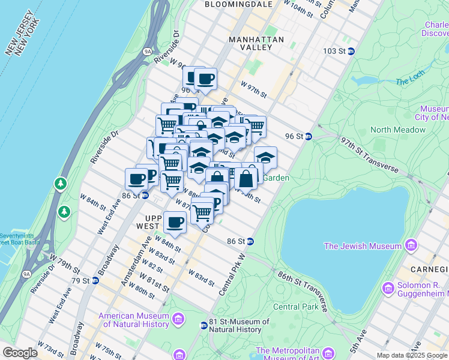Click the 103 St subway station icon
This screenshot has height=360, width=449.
pyautogui.click(x=351, y=51)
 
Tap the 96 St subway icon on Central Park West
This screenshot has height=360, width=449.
pyautogui.click(x=308, y=136)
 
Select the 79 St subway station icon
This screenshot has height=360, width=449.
pyautogui.click(x=95, y=280)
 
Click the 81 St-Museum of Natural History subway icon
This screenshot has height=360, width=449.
pyautogui.click(x=203, y=325)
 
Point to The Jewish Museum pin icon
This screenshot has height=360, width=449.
pyautogui.click(x=411, y=245)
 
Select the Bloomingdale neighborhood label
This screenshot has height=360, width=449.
pyautogui.click(x=238, y=4)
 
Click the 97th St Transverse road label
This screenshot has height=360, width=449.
pyautogui.click(x=369, y=155)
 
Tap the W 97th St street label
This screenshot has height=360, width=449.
pyautogui.click(x=253, y=89)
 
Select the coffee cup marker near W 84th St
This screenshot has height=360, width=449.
pyautogui.click(x=175, y=223)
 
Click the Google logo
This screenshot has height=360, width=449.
pyautogui.click(x=20, y=353)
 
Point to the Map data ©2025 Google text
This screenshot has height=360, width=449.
pyautogui.click(x=412, y=355)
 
